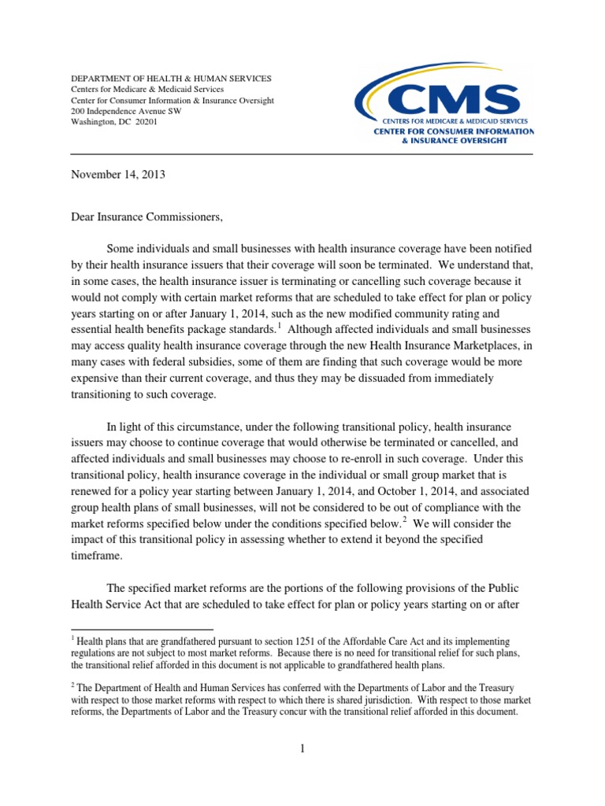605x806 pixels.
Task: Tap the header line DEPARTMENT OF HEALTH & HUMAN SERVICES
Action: coord(172,79)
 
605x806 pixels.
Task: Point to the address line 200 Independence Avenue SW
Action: coord(126,112)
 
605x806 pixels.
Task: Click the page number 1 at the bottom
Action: coord(302,748)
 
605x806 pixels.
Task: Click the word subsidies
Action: coord(206,361)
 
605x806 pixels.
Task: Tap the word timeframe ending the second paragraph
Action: coord(101,556)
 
